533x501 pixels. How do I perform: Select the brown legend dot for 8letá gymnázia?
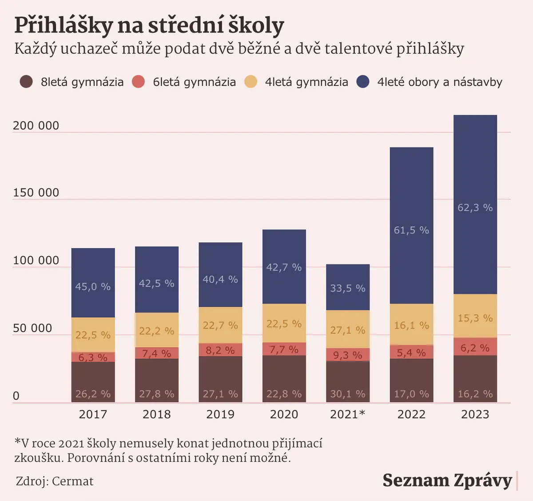coord(26,82)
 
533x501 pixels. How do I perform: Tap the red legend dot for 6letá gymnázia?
coord(139,82)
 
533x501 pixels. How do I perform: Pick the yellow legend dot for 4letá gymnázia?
coord(251,82)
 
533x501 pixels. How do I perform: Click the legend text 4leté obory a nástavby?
coord(440,82)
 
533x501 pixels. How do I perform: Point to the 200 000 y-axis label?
coord(36,126)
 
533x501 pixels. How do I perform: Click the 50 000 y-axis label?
coord(32,328)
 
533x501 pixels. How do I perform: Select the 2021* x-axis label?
coord(347,414)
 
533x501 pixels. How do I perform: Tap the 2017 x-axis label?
coord(93,414)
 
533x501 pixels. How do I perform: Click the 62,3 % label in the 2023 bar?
coord(475,208)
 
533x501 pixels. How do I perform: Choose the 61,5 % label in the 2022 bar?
coord(411,230)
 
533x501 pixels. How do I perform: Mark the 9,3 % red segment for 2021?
coord(348,355)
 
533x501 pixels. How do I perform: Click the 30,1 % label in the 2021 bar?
coord(347,394)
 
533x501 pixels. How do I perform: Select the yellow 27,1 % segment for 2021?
coord(348,329)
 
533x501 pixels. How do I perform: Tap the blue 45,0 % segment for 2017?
coord(93,283)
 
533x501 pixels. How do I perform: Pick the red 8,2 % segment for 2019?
coord(220,350)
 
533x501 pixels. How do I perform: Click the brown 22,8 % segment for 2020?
coord(284,379)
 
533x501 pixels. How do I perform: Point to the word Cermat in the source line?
coord(73,481)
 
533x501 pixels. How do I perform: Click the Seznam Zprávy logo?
coord(447,481)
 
